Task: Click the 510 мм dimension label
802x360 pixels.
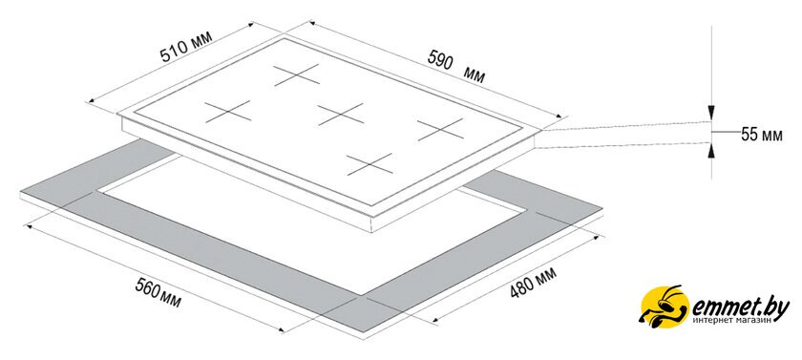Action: pyautogui.click(x=185, y=47)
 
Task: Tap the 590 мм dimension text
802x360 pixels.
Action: pyautogui.click(x=456, y=68)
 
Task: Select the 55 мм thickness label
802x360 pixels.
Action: pyautogui.click(x=762, y=135)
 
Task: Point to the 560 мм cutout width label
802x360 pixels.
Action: pyautogui.click(x=158, y=293)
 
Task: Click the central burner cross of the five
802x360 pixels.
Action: pyautogui.click(x=340, y=114)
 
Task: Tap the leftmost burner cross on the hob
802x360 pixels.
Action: pyautogui.click(x=228, y=112)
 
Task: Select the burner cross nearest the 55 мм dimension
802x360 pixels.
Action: pyautogui.click(x=440, y=129)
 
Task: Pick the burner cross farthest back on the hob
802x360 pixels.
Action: pyautogui.click(x=297, y=74)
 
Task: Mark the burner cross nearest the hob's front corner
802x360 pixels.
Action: pyautogui.click(x=369, y=164)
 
